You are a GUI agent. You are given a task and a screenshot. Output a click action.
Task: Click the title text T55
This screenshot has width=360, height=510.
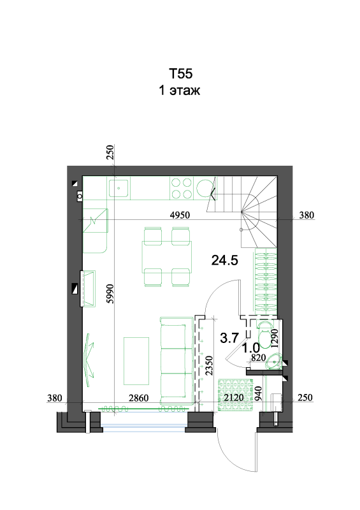pyautogui.click(x=180, y=73)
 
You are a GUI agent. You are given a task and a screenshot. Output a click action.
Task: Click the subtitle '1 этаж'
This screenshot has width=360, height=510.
pyautogui.click(x=179, y=90)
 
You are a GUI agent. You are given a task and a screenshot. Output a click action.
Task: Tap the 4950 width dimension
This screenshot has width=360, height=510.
pyautogui.click(x=180, y=215)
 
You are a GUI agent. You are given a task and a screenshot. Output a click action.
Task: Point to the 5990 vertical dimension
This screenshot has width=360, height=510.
pyautogui.click(x=110, y=294)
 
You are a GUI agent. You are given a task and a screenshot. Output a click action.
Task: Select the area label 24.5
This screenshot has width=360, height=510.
pyautogui.click(x=225, y=260)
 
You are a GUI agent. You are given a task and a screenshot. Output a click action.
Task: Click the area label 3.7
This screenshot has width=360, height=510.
pyautogui.click(x=229, y=338)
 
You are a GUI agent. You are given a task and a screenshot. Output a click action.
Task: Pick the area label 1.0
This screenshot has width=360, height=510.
pyautogui.click(x=251, y=348)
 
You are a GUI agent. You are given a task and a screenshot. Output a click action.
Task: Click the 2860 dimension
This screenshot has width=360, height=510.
pyautogui.click(x=138, y=397)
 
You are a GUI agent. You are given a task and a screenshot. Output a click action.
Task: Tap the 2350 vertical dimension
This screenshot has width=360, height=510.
pyautogui.click(x=209, y=365)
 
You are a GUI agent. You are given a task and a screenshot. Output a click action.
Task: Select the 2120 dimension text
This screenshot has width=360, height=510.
pyautogui.click(x=234, y=397)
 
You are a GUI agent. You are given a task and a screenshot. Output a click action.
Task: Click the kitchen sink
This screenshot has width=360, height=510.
pyautogui.click(x=119, y=188)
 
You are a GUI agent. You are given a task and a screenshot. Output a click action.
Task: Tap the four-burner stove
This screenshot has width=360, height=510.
pyautogui.click(x=182, y=188)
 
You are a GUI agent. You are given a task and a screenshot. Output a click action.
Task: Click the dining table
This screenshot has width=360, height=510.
pyautogui.click(x=166, y=257)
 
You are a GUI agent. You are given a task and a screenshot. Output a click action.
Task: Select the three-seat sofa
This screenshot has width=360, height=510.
pyautogui.click(x=177, y=361)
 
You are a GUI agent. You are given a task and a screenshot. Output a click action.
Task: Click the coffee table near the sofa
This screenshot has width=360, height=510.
pyautogui.click(x=136, y=361)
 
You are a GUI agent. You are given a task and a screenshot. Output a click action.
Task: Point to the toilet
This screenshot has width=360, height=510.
pyautogui.click(x=264, y=333)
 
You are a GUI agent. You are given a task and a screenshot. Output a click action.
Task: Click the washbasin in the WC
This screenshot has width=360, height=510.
pyautogui.click(x=275, y=361)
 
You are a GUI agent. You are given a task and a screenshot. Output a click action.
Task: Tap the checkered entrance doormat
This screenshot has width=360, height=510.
pyautogui.click(x=236, y=394)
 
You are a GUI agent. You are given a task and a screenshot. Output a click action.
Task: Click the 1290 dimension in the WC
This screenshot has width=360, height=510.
pyautogui.click(x=275, y=339)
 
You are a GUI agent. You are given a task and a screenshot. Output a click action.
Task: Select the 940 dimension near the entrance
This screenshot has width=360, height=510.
pyautogui.click(x=258, y=393)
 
